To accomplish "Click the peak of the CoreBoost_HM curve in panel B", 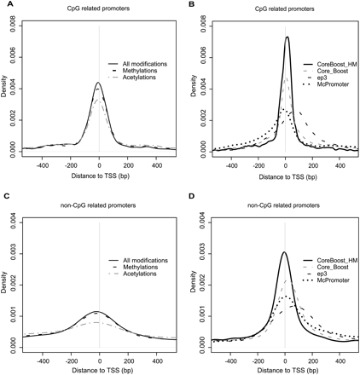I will [x=287, y=37].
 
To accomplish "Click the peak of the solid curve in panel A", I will [x=99, y=83].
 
